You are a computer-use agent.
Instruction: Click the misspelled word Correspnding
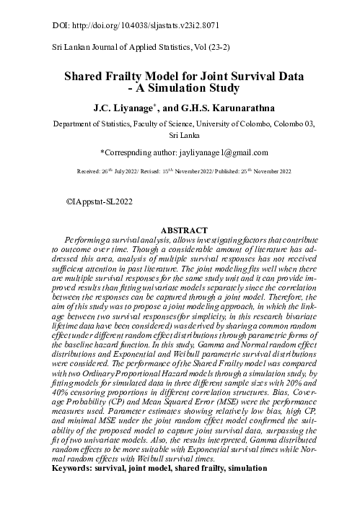coord(128,152)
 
